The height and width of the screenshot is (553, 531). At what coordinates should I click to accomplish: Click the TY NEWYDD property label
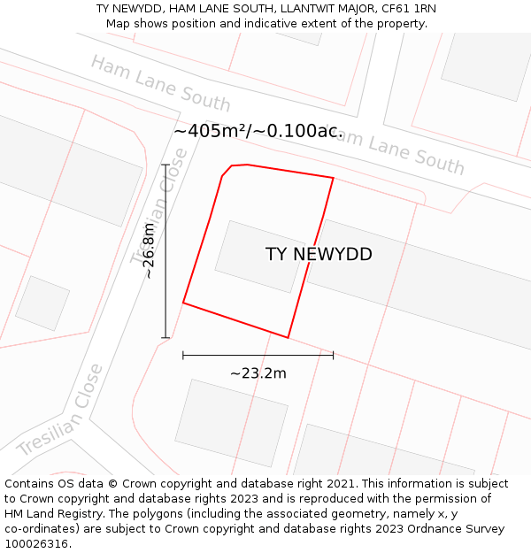coord(319,255)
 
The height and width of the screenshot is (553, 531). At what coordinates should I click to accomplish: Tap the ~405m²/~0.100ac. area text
coord(258,131)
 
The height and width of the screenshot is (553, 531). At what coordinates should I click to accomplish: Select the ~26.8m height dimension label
coord(150,251)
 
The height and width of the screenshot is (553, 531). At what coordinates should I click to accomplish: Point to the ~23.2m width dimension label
coord(258,373)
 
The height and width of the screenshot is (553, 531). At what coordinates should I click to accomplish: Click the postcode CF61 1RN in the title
coord(409,9)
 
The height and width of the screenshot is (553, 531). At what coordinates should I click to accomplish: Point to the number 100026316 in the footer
coord(35,543)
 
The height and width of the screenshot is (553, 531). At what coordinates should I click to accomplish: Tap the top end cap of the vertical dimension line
coord(165,165)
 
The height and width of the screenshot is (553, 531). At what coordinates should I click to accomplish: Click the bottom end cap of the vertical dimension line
coord(165,337)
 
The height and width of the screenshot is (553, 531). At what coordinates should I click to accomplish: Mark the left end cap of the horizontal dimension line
coord(183,355)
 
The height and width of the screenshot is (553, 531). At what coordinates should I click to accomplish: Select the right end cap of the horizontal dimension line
coord(333,355)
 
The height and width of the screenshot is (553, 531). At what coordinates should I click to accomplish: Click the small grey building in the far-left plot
coord(42,303)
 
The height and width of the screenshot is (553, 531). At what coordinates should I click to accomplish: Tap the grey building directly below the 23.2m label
coord(232,423)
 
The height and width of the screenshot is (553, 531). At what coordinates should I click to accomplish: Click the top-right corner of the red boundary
coord(333,178)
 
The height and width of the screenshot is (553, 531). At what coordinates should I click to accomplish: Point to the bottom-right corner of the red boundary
coord(289,337)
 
